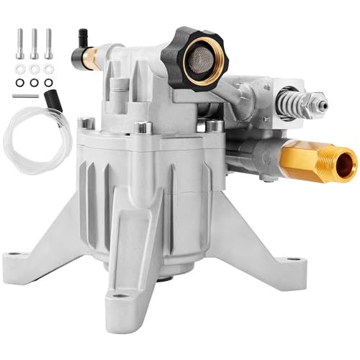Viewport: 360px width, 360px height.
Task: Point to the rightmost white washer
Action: pyautogui.click(x=48, y=70)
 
